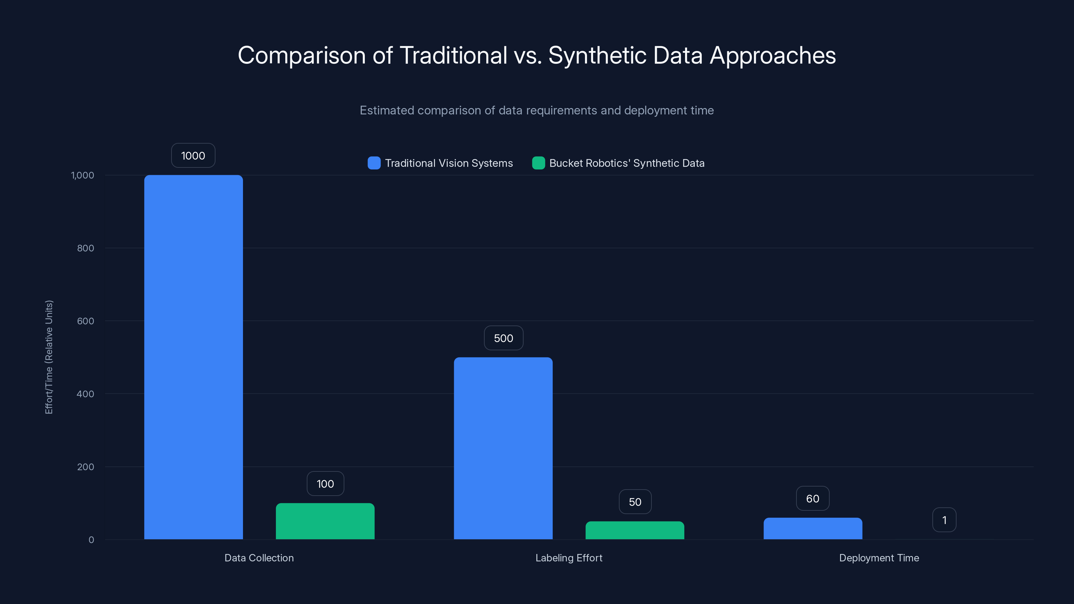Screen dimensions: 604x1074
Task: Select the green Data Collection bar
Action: click(325, 521)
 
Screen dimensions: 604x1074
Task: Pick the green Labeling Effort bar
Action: click(635, 530)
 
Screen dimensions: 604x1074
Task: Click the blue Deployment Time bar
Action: click(813, 528)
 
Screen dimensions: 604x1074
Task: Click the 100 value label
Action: click(325, 484)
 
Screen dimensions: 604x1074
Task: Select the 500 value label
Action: click(503, 338)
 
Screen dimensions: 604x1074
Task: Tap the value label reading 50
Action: click(635, 502)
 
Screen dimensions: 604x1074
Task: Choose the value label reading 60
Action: click(813, 499)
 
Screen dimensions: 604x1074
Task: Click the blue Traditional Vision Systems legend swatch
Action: click(374, 163)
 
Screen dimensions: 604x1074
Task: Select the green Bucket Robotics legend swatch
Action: click(538, 163)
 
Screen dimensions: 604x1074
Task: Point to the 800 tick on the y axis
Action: click(86, 248)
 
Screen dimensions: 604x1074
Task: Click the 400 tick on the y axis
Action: click(86, 394)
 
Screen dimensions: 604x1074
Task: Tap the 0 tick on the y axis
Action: click(91, 540)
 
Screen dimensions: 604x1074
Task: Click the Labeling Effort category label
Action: click(569, 558)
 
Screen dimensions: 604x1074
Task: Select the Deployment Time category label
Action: click(879, 558)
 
